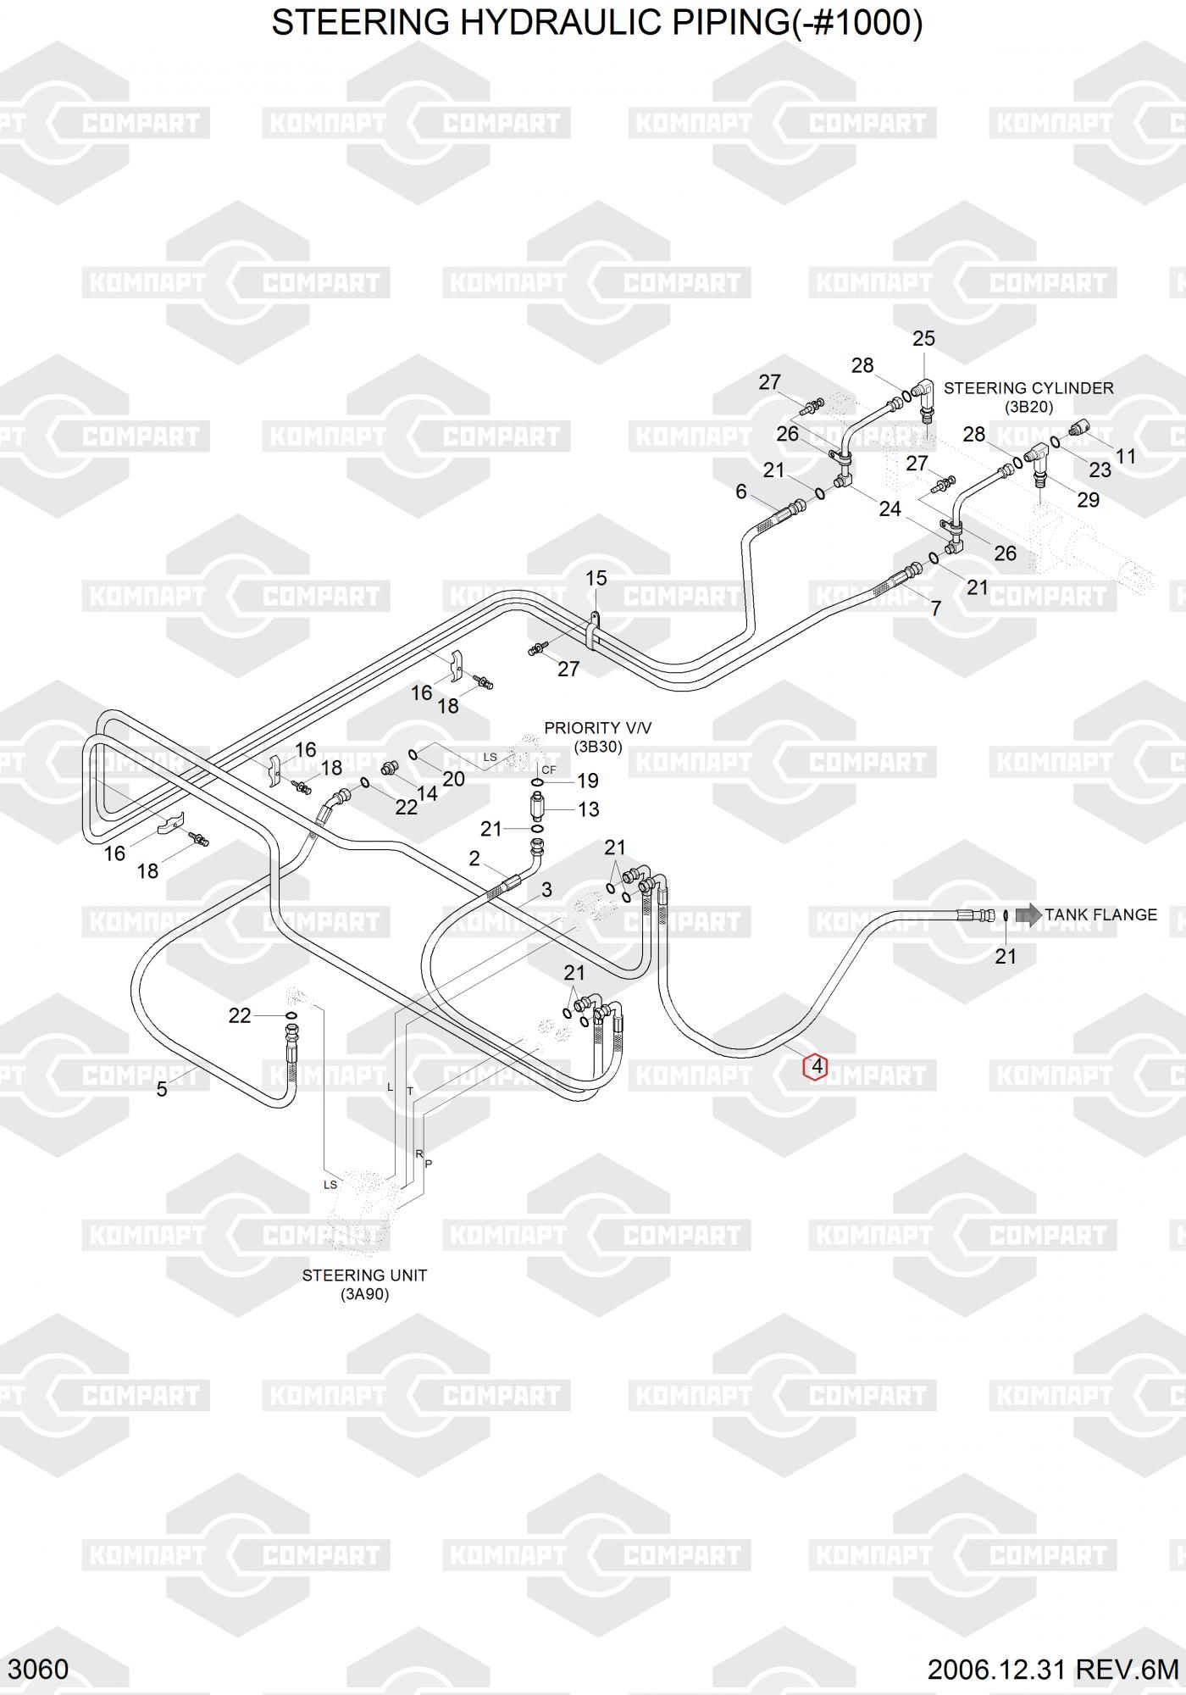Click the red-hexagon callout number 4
pos(816,1066)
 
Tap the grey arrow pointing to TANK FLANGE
pos(1028,914)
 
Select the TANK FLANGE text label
pos(1100,915)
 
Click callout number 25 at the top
pos(923,339)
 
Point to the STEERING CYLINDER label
pos(1028,388)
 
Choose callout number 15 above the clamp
pos(596,578)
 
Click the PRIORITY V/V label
pos(597,728)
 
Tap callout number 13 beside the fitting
pos(588,809)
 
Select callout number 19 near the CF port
pos(587,781)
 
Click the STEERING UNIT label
pos(364,1275)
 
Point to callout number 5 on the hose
pos(162,1089)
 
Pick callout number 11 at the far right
pos(1125,457)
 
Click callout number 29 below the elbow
pos(1088,499)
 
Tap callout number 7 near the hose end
pos(935,609)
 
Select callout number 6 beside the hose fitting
pos(741,492)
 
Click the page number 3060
pos(41,1670)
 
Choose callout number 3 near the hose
pos(546,889)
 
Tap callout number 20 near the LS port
pos(453,779)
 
